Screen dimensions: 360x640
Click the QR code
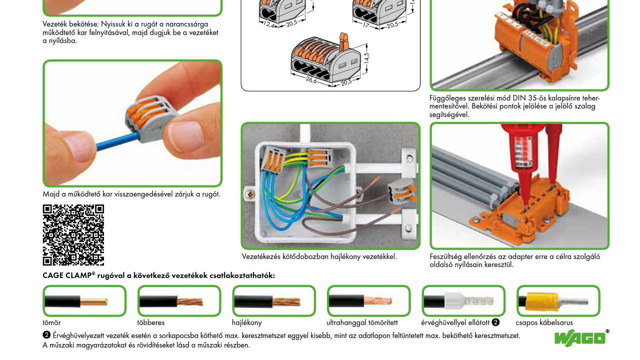[73, 235]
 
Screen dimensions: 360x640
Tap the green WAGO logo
[580, 338]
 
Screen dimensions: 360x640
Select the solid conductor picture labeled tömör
[84, 301]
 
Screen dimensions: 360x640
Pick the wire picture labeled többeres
[179, 301]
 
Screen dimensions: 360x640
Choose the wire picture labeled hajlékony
[273, 301]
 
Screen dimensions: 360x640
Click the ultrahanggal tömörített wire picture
[368, 301]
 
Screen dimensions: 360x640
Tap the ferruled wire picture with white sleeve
[463, 301]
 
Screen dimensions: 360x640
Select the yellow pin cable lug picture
[558, 301]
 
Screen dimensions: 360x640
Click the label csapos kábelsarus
[544, 323]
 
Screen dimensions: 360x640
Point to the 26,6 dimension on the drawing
[311, 80]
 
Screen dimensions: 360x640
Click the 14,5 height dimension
[366, 57]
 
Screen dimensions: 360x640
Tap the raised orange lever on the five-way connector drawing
[343, 42]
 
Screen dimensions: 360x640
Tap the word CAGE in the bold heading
[52, 275]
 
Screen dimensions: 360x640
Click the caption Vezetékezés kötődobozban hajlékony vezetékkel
[319, 257]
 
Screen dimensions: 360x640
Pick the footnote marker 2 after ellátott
[495, 322]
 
